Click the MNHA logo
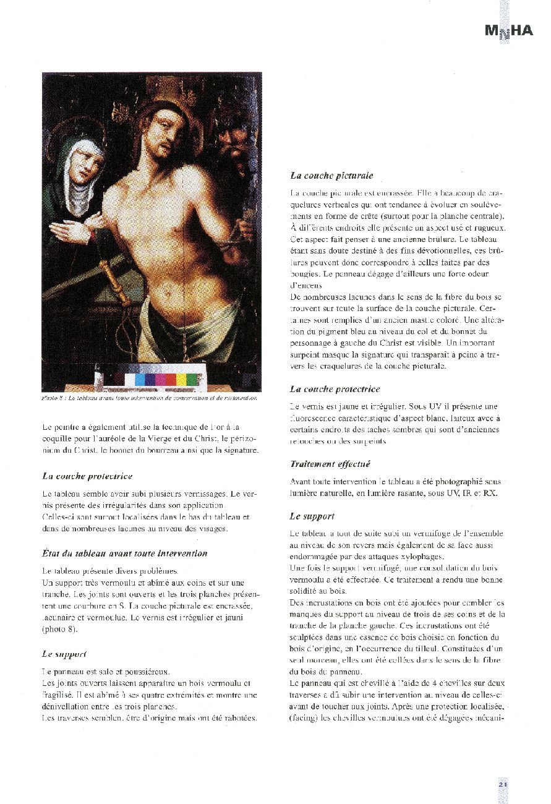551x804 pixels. coord(508,31)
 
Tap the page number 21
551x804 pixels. coord(503,784)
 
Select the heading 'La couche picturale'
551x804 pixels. coord(331,176)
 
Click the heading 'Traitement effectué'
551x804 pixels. coord(330,464)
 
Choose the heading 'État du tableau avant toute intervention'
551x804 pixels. coord(125,553)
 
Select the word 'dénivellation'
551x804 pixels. coord(67,706)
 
